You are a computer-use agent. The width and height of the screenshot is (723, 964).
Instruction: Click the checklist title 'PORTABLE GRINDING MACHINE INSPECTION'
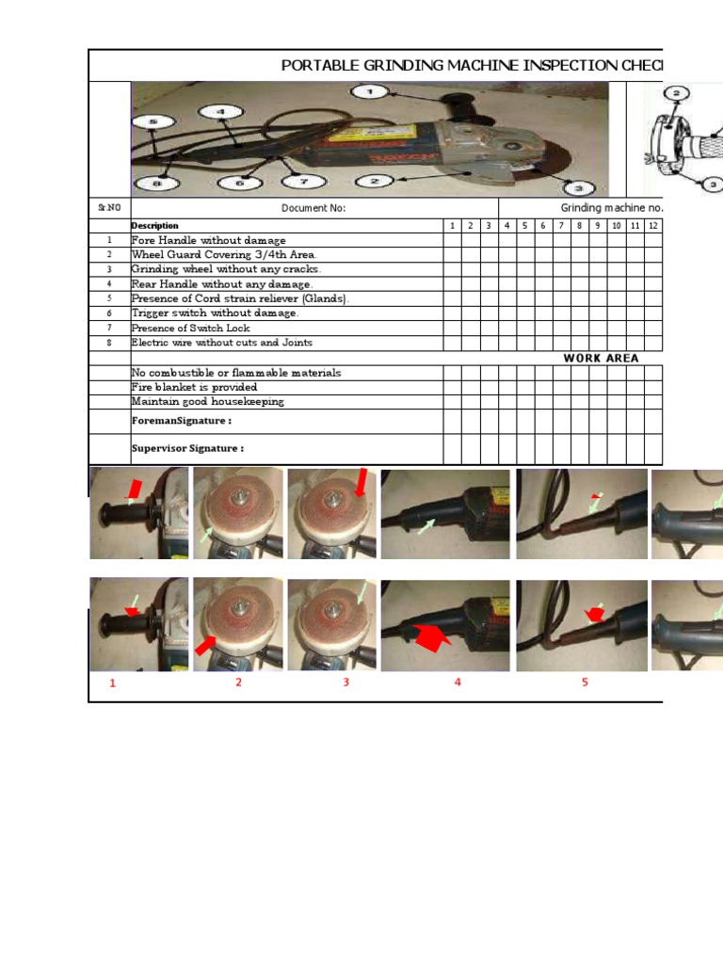click(472, 65)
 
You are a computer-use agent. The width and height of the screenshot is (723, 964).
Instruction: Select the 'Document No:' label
click(313, 208)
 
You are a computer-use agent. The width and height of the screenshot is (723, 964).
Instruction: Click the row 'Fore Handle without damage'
click(208, 241)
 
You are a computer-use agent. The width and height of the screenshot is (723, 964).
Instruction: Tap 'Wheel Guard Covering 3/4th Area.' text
click(224, 255)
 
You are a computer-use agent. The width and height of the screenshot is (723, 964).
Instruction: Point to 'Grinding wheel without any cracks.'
click(226, 269)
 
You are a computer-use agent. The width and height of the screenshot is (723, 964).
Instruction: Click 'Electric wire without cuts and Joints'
click(221, 343)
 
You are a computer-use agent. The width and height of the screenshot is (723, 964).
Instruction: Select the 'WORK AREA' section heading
click(601, 358)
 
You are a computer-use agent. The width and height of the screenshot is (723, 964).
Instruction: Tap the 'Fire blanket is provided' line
click(194, 387)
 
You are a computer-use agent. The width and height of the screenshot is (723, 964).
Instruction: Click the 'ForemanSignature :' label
click(181, 421)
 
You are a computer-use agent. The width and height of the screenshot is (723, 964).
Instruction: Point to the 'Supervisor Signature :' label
click(187, 449)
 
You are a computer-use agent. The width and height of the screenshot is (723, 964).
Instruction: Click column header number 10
click(617, 226)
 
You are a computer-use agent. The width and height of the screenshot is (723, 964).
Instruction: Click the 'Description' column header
click(154, 226)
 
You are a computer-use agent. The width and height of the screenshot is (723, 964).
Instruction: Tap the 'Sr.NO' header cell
click(109, 208)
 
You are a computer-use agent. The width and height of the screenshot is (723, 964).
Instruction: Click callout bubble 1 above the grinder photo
click(369, 91)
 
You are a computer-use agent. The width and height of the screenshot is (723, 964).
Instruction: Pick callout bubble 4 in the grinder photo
click(222, 112)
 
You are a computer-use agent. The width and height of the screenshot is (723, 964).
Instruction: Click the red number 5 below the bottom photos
click(585, 683)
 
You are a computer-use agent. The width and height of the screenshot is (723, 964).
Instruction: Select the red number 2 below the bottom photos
click(239, 683)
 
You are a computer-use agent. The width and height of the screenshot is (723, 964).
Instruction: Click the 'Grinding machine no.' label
click(612, 208)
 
